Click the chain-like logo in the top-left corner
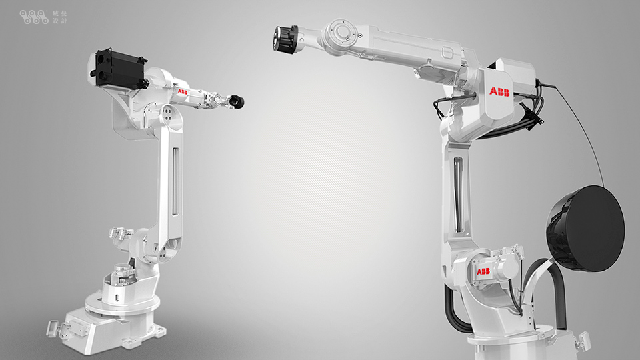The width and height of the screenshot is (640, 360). pos(33,17)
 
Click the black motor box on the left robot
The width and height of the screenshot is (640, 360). pos(119,68)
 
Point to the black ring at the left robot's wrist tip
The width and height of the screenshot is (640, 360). pos(237,102)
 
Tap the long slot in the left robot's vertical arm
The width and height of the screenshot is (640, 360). pos(176,181)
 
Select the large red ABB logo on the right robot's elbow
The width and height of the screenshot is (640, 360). pos(499,92)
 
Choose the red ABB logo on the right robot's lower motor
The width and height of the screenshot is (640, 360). pos(483,271)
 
